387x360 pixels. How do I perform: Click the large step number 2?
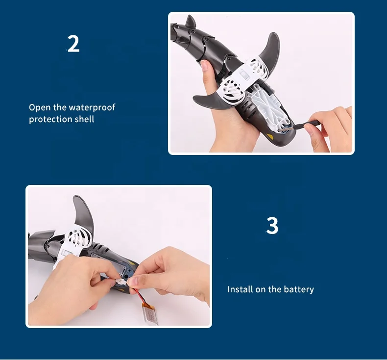[73, 44]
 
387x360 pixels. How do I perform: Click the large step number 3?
[272, 226]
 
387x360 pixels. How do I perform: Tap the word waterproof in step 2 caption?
[92, 107]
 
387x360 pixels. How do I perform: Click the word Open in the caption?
[38, 107]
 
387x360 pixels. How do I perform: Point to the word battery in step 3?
[298, 289]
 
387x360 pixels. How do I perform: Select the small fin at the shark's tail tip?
[190, 22]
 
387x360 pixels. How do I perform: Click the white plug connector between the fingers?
[121, 283]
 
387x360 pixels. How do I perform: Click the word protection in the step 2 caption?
[48, 119]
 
